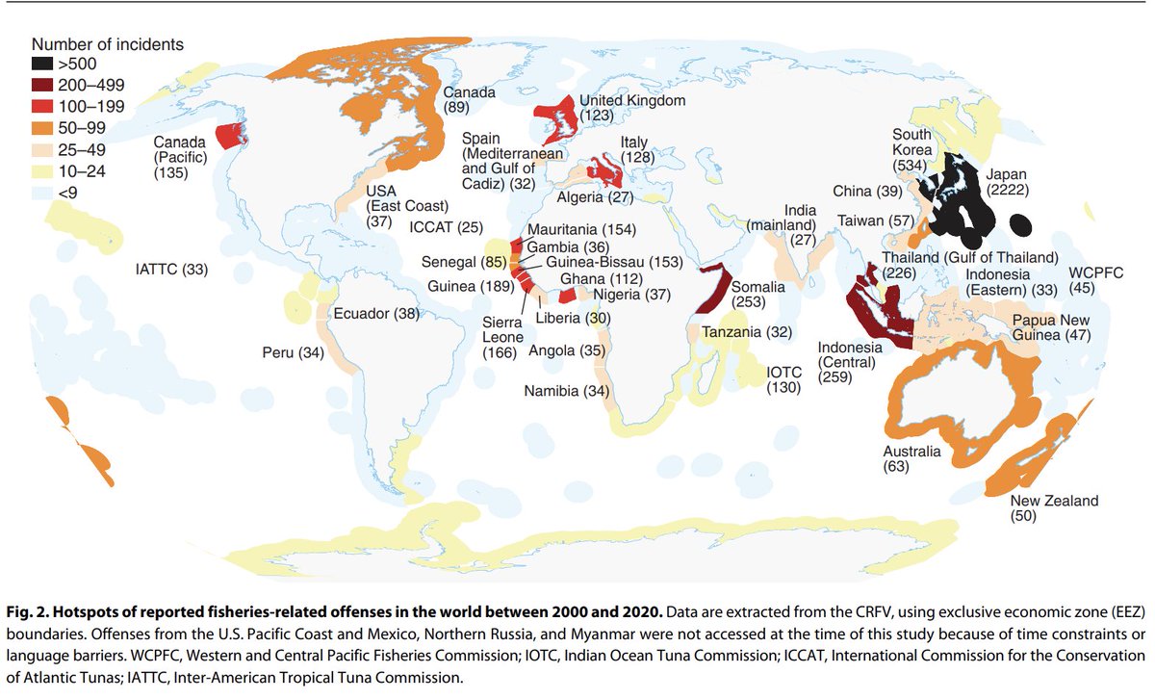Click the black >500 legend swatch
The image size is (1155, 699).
point(44,64)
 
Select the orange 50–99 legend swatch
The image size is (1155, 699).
point(44,127)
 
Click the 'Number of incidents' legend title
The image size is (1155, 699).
point(108,44)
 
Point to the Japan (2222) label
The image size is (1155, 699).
point(1007,183)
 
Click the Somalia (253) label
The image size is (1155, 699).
point(758,294)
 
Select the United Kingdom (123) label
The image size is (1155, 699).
point(631,108)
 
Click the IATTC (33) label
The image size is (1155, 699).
point(171,271)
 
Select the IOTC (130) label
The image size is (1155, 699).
point(785,378)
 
